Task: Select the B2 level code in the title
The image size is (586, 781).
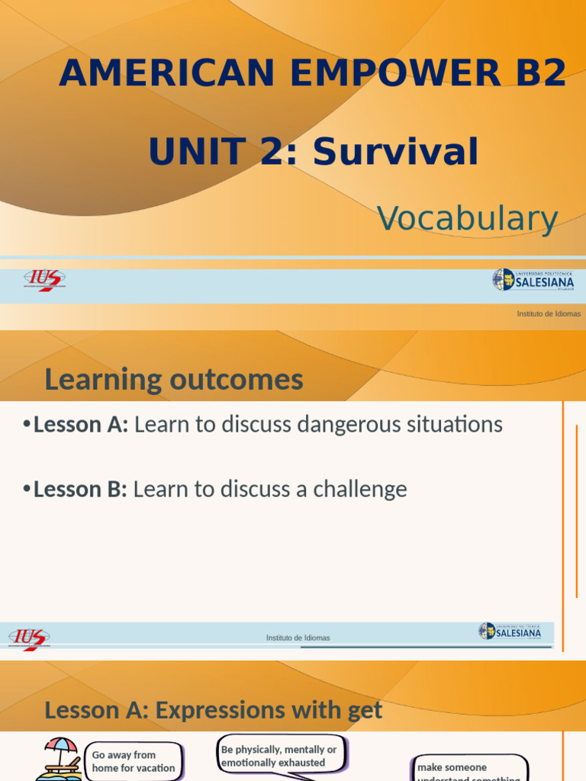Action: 543,73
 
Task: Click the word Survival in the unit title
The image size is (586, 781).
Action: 395,152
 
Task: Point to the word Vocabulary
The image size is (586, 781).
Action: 467,219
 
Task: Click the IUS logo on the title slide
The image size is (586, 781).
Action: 44,280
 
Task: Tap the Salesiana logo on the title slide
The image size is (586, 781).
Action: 533,280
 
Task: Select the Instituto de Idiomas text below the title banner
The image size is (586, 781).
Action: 548,313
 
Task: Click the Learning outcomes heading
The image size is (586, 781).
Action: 174,379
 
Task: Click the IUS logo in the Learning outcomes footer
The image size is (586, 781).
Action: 29,637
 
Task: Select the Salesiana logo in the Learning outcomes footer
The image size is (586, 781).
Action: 510,632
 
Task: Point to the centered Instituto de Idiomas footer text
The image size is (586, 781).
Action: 298,638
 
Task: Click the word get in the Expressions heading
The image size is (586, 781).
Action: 364,710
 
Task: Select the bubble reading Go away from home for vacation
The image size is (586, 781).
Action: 134,761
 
